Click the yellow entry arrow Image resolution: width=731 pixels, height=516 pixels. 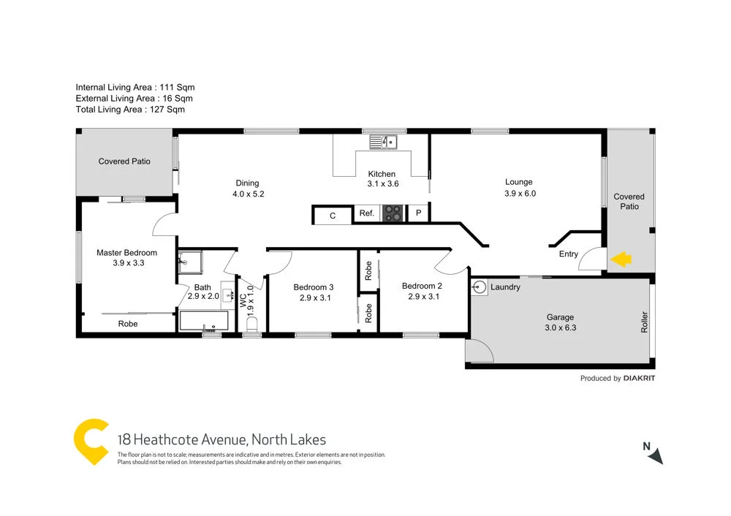coord(621,259)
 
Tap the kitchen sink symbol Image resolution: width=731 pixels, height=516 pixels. coord(382,142)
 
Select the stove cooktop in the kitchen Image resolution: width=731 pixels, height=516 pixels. coord(393,213)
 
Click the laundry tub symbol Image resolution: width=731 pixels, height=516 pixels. coord(480,287)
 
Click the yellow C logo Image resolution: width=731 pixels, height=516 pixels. coord(92,441)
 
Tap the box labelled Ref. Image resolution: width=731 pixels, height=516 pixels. coord(367,214)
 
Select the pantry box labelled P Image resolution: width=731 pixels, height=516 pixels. coord(418,214)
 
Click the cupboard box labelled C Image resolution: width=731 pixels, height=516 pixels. coord(333,216)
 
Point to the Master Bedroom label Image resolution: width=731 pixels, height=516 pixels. coord(126,253)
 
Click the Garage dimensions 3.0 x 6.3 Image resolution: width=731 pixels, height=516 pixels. coord(561,328)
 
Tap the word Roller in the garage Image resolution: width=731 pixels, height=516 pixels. coord(644,322)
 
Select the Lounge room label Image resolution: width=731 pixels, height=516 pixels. coord(519,182)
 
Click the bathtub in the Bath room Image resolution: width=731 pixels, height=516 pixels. coord(203,320)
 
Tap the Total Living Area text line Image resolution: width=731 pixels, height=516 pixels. coord(130,110)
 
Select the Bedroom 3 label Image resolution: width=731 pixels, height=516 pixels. coord(314,287)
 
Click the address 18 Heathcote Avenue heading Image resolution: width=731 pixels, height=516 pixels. coord(221,439)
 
